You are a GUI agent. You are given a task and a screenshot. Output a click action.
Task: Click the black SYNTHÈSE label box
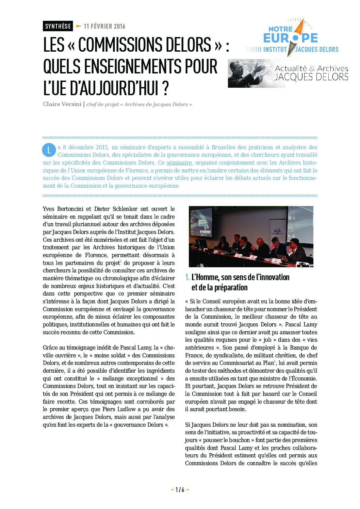coord(58,26)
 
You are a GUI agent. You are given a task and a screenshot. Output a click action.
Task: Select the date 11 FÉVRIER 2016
coord(104,26)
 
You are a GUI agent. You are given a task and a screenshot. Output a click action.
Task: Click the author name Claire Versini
coord(62,104)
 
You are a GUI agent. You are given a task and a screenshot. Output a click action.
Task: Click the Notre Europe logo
coord(292,39)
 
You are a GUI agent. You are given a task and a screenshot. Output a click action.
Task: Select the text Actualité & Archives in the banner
coord(311,68)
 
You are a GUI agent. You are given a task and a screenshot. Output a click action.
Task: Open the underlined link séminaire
coord(179,163)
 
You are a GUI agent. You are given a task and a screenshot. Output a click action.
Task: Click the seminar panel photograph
coord(251,236)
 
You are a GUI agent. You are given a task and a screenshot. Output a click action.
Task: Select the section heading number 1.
coord(187,277)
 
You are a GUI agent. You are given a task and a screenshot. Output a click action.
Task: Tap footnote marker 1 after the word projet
coord(120,261)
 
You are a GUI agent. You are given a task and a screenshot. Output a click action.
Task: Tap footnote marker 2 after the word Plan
coord(275,361)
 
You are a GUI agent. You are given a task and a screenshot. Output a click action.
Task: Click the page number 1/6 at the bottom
coord(180,490)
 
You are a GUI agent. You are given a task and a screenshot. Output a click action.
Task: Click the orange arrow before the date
coord(79,26)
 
